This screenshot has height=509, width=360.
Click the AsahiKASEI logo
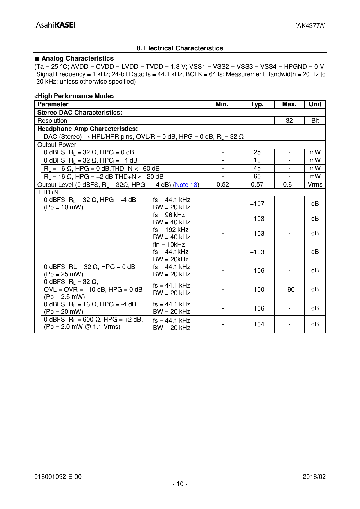[56, 25]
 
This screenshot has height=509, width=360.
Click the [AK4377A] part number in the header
[310, 26]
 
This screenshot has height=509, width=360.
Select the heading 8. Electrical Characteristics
[180, 48]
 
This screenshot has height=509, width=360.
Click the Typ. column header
[257, 104]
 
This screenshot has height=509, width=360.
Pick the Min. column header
[222, 104]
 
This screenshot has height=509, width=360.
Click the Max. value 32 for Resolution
[289, 121]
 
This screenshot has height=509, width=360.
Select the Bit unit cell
[315, 121]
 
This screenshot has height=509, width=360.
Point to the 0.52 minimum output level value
[223, 185]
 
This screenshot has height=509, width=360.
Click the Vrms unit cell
[315, 185]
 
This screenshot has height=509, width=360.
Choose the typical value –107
[257, 204]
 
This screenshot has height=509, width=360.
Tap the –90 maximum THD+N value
[289, 289]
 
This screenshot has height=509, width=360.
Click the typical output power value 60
[257, 176]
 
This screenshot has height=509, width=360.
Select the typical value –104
[257, 324]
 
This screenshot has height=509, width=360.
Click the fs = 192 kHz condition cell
[171, 230]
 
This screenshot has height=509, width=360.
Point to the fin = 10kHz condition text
[169, 245]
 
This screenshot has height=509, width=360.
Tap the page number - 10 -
[180, 484]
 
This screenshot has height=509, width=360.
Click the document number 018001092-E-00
[58, 476]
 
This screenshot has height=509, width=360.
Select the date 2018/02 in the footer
[314, 476]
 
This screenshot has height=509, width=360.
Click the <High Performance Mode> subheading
[75, 96]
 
